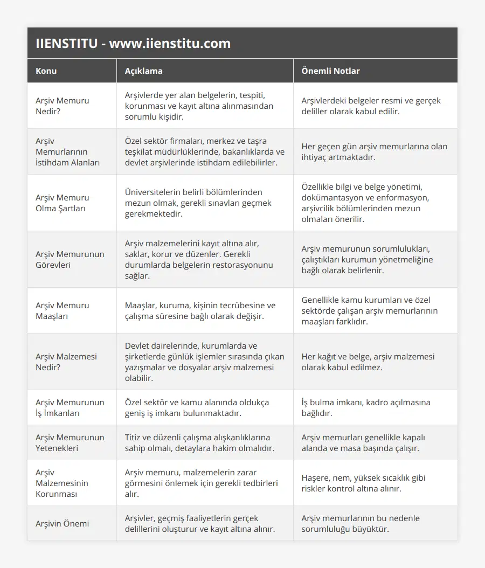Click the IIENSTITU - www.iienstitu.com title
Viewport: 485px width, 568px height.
coord(133,44)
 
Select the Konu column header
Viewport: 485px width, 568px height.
coord(46,71)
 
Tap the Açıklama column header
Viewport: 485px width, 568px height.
coord(143,71)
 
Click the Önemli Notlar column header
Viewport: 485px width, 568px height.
coord(330,71)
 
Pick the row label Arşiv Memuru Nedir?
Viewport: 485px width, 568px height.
coord(63,106)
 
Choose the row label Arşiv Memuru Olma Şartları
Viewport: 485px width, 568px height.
coord(63,203)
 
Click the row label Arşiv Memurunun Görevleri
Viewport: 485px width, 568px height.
coord(70,259)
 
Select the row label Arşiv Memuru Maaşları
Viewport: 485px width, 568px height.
coord(63,310)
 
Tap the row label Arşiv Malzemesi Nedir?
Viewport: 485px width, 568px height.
coord(65,362)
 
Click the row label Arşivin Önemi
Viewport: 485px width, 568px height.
coord(63,523)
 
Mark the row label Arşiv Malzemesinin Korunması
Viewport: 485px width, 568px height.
coord(62,483)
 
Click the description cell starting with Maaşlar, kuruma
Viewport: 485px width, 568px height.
coord(200,310)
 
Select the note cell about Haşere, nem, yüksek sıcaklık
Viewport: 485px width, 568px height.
coord(359,483)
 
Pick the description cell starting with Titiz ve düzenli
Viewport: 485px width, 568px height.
coord(198,442)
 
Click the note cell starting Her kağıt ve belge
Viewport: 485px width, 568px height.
coord(368,362)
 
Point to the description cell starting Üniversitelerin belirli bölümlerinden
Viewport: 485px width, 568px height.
coord(198,203)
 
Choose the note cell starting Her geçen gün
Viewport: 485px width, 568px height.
coord(374,151)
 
